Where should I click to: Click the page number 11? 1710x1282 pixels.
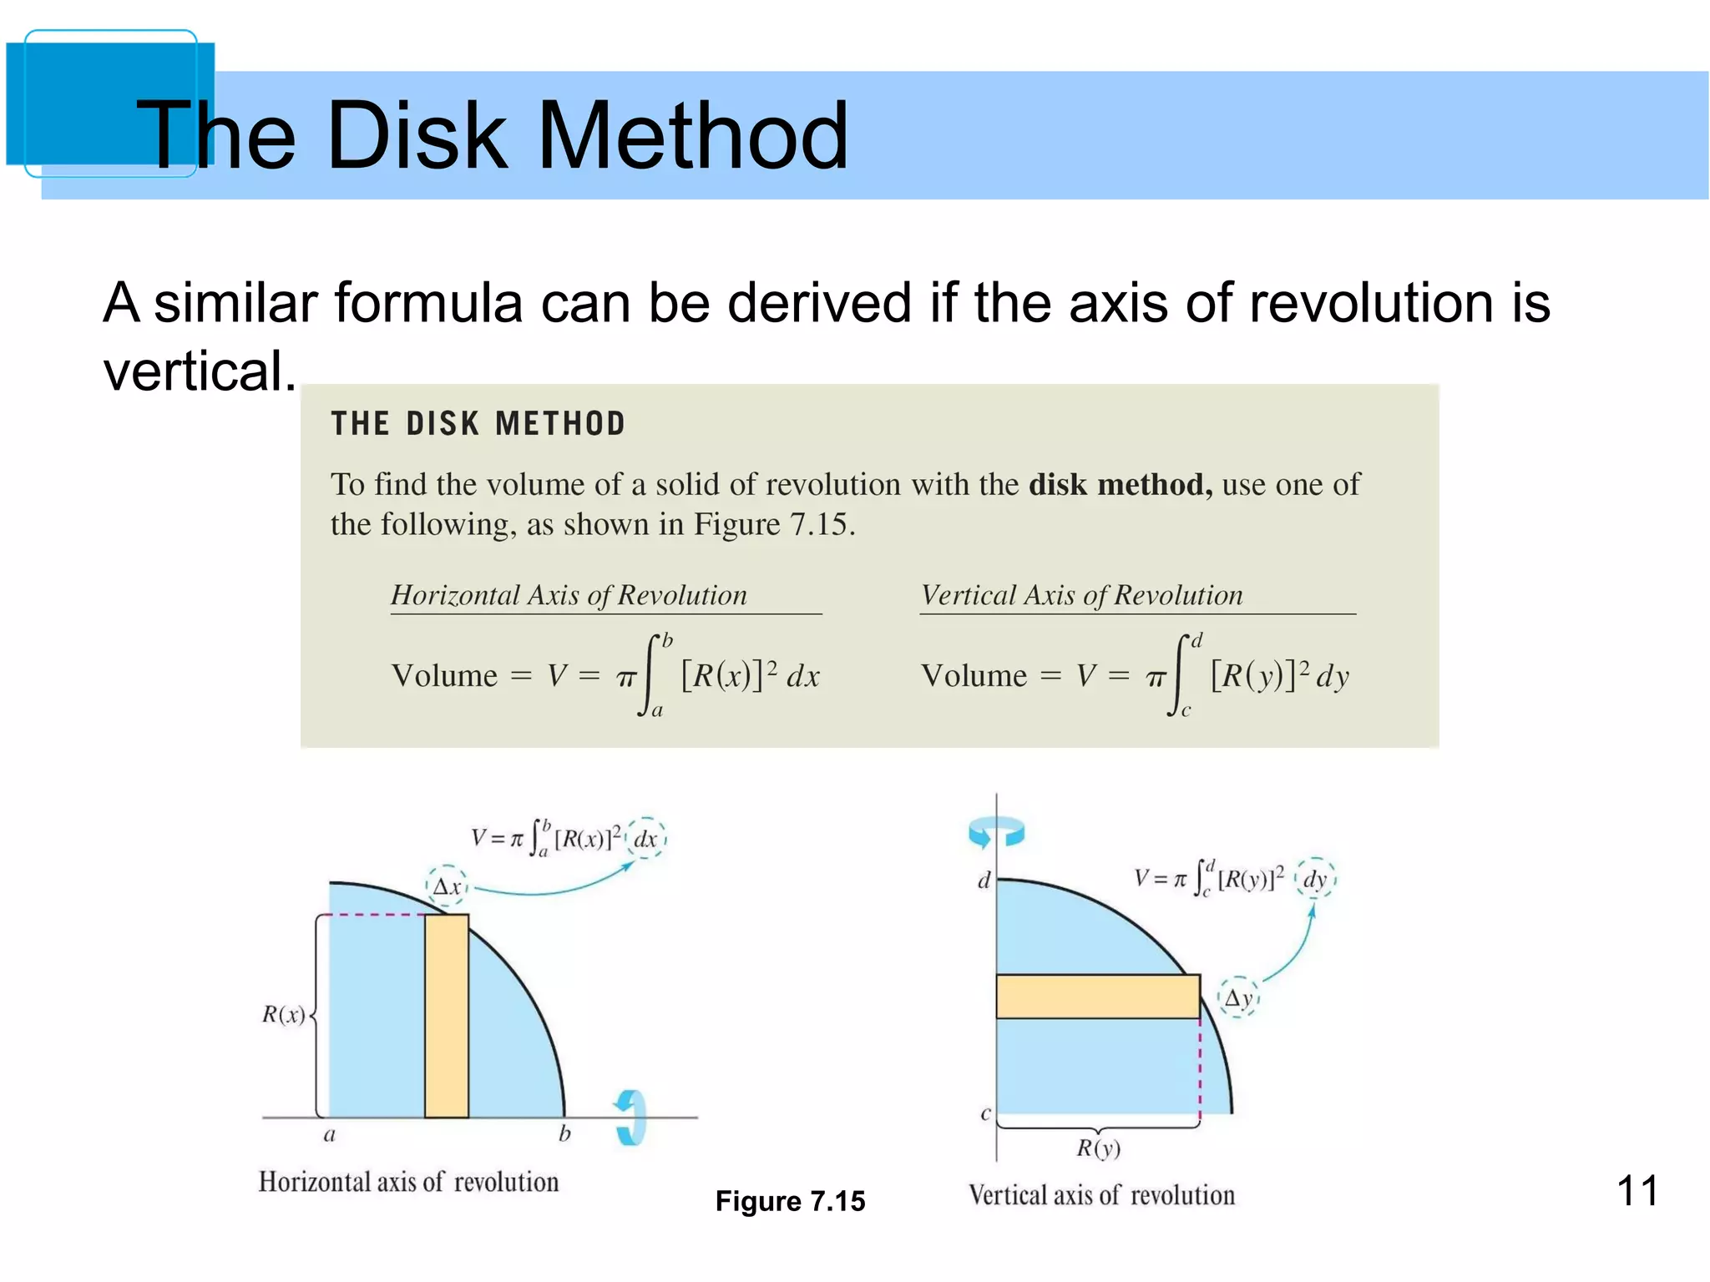[1637, 1190]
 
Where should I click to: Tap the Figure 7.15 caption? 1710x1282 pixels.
[790, 1201]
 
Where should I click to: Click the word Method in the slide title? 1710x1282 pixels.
[693, 135]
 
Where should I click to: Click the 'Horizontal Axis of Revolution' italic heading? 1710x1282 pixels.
[569, 595]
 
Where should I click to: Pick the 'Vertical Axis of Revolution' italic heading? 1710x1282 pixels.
[1081, 595]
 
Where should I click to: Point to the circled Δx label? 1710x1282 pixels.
[448, 886]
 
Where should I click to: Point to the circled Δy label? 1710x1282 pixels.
[1238, 998]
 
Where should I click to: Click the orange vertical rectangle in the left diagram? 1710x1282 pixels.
[447, 1016]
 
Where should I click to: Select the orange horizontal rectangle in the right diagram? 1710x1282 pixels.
[1098, 997]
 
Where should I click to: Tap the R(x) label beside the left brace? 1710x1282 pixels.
[284, 1015]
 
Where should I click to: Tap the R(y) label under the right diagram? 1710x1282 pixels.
[1098, 1149]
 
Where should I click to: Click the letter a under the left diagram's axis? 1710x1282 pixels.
[329, 1135]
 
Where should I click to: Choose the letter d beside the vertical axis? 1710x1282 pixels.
[984, 881]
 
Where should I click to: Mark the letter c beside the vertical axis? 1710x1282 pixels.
[985, 1113]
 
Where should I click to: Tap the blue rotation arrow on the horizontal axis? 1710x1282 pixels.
[632, 1118]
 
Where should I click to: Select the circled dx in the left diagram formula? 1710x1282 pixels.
[645, 838]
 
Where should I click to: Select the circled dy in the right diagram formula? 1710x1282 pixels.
[1315, 878]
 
